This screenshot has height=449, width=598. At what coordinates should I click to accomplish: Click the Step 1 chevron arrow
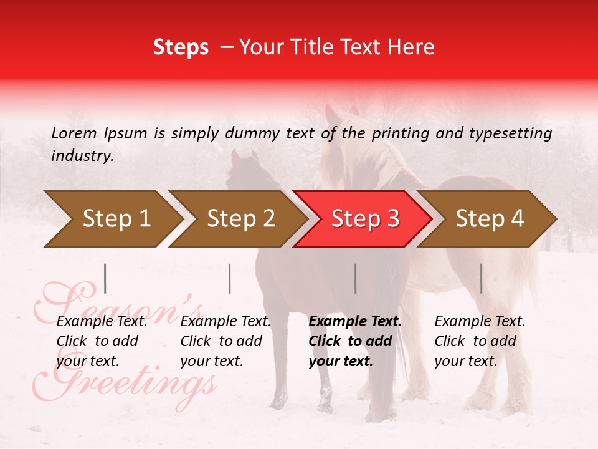(x=116, y=219)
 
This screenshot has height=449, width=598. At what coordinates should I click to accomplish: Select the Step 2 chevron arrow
(x=240, y=219)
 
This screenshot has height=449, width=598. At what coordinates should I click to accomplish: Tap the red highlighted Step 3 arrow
(x=365, y=219)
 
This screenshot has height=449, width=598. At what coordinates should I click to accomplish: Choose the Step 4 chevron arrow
(x=490, y=219)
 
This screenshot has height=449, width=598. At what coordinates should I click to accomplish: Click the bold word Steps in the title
(x=181, y=47)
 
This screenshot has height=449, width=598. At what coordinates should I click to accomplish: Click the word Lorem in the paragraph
(x=74, y=133)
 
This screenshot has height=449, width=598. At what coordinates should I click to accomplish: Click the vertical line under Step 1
(x=105, y=278)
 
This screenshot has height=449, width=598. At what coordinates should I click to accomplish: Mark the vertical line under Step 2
(x=230, y=278)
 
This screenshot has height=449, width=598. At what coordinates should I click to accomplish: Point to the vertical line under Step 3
(x=355, y=278)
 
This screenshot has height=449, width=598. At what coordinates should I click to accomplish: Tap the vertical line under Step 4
(x=481, y=278)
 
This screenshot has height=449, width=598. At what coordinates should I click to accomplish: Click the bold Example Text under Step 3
(x=355, y=322)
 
